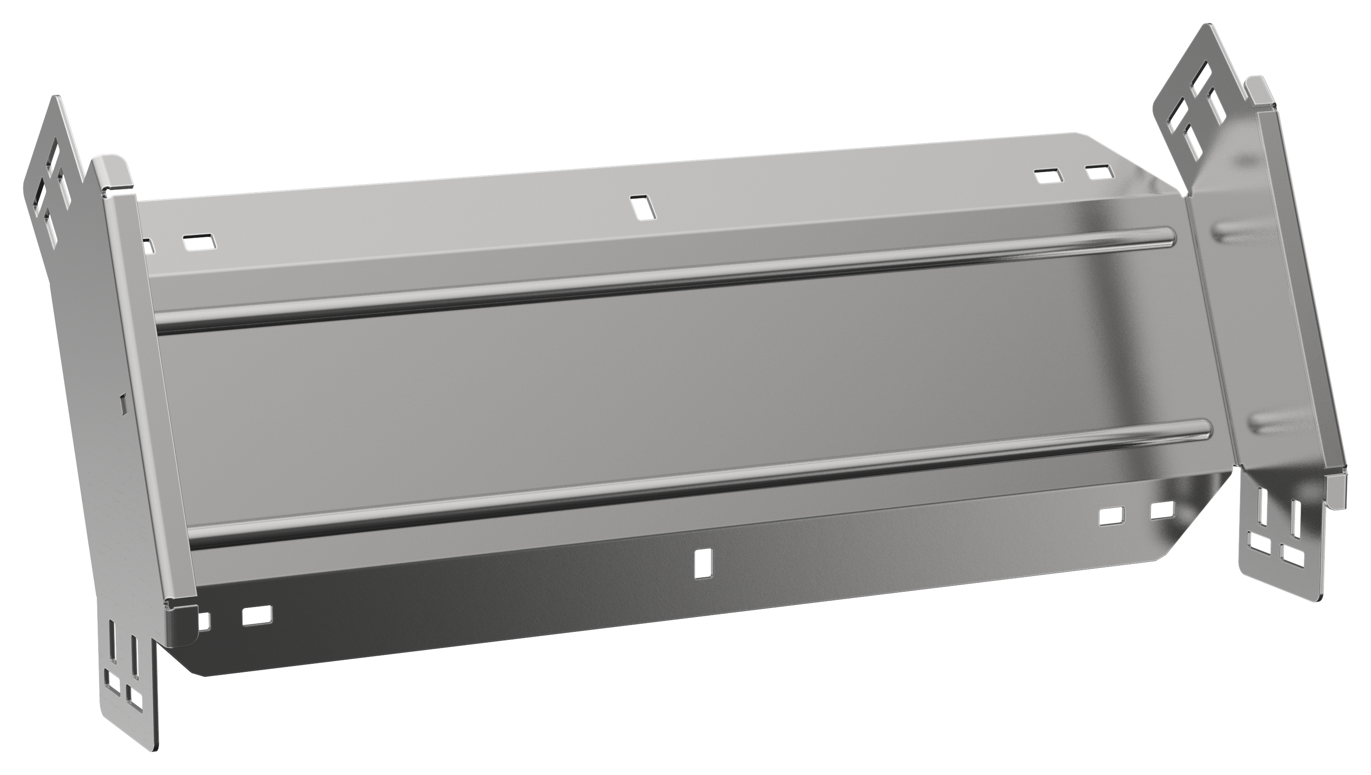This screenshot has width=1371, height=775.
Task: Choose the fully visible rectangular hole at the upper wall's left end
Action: point(199,242)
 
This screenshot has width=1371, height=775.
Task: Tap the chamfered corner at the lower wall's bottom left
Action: point(192,666)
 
